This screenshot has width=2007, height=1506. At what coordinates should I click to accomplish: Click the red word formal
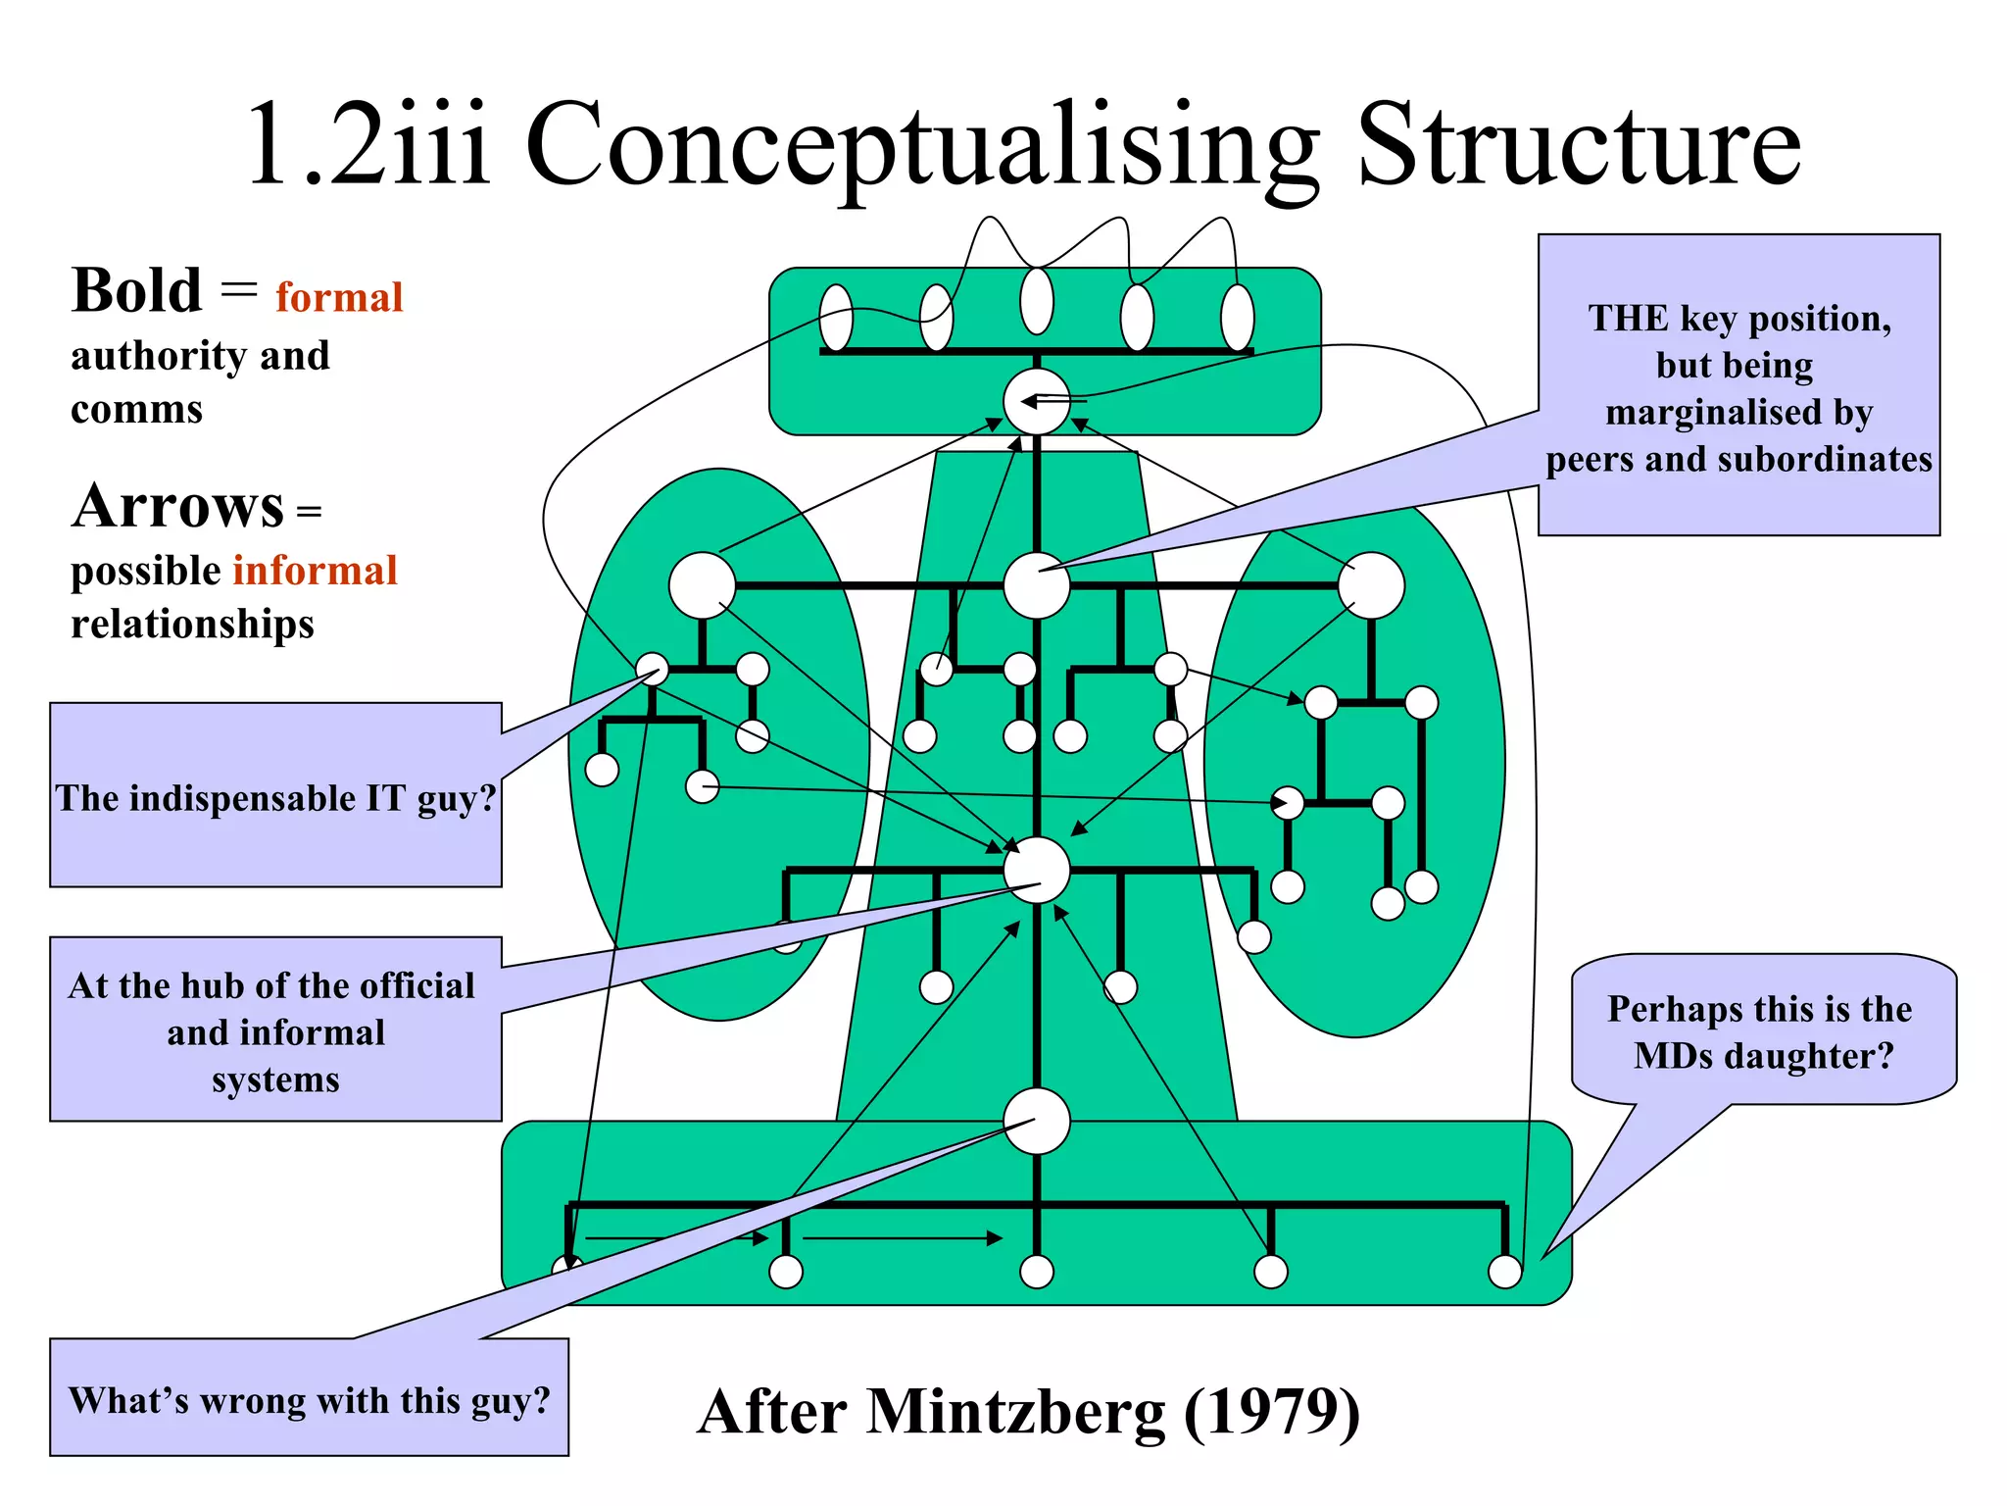coord(339,297)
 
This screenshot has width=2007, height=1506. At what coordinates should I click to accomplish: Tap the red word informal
coord(315,571)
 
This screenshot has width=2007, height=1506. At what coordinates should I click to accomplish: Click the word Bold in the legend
coord(136,291)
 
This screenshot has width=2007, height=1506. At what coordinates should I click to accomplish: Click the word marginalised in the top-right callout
coord(1738,412)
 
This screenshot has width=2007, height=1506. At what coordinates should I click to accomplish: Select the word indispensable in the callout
coord(243,798)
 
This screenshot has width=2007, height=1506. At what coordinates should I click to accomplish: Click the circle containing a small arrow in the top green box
coord(1037,402)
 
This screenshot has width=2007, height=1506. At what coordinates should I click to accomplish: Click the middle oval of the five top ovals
coord(1037,301)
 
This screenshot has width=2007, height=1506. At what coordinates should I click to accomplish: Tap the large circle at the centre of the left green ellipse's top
coord(702,585)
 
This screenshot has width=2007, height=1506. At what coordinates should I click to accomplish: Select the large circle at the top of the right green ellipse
coord(1371,585)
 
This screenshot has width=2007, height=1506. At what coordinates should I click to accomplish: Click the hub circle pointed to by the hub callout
coord(1037,870)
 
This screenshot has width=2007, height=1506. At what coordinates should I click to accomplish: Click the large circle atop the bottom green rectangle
coord(1037,1121)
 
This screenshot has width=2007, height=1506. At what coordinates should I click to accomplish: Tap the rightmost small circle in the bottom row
coord(1504,1272)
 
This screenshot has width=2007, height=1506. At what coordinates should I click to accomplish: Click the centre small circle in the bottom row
coord(1037,1272)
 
